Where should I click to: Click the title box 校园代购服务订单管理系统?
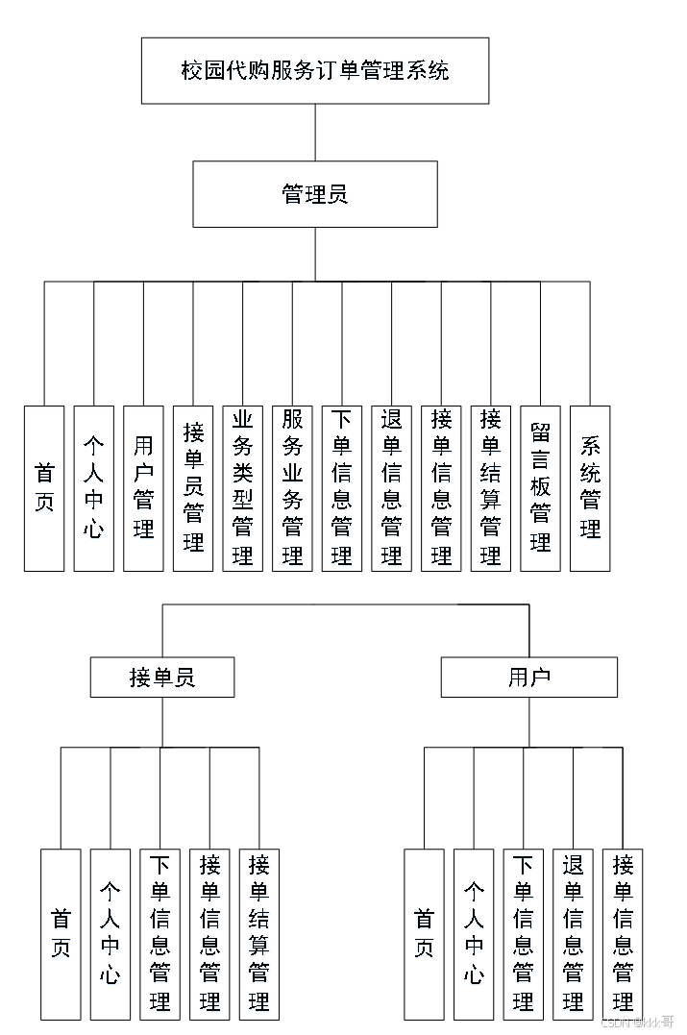point(315,70)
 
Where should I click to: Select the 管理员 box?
point(315,194)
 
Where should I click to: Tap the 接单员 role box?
point(162,678)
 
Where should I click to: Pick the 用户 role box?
point(528,678)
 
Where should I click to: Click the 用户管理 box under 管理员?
point(143,488)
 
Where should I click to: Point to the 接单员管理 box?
point(193,488)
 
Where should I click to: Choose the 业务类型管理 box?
point(243,488)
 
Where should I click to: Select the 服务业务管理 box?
point(293,488)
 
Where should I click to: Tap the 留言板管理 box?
point(540,488)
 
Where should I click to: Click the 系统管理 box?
point(590,488)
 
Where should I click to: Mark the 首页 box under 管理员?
point(44,488)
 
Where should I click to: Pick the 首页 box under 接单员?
point(61,934)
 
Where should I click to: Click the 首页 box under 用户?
point(424,934)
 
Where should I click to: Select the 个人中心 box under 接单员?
point(110,934)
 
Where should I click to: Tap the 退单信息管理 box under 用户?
point(574,934)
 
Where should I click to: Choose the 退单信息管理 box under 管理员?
point(392,488)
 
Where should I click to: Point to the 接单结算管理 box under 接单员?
point(259,934)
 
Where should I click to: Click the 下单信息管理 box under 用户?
point(524,934)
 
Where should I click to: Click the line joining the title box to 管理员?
point(315,133)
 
